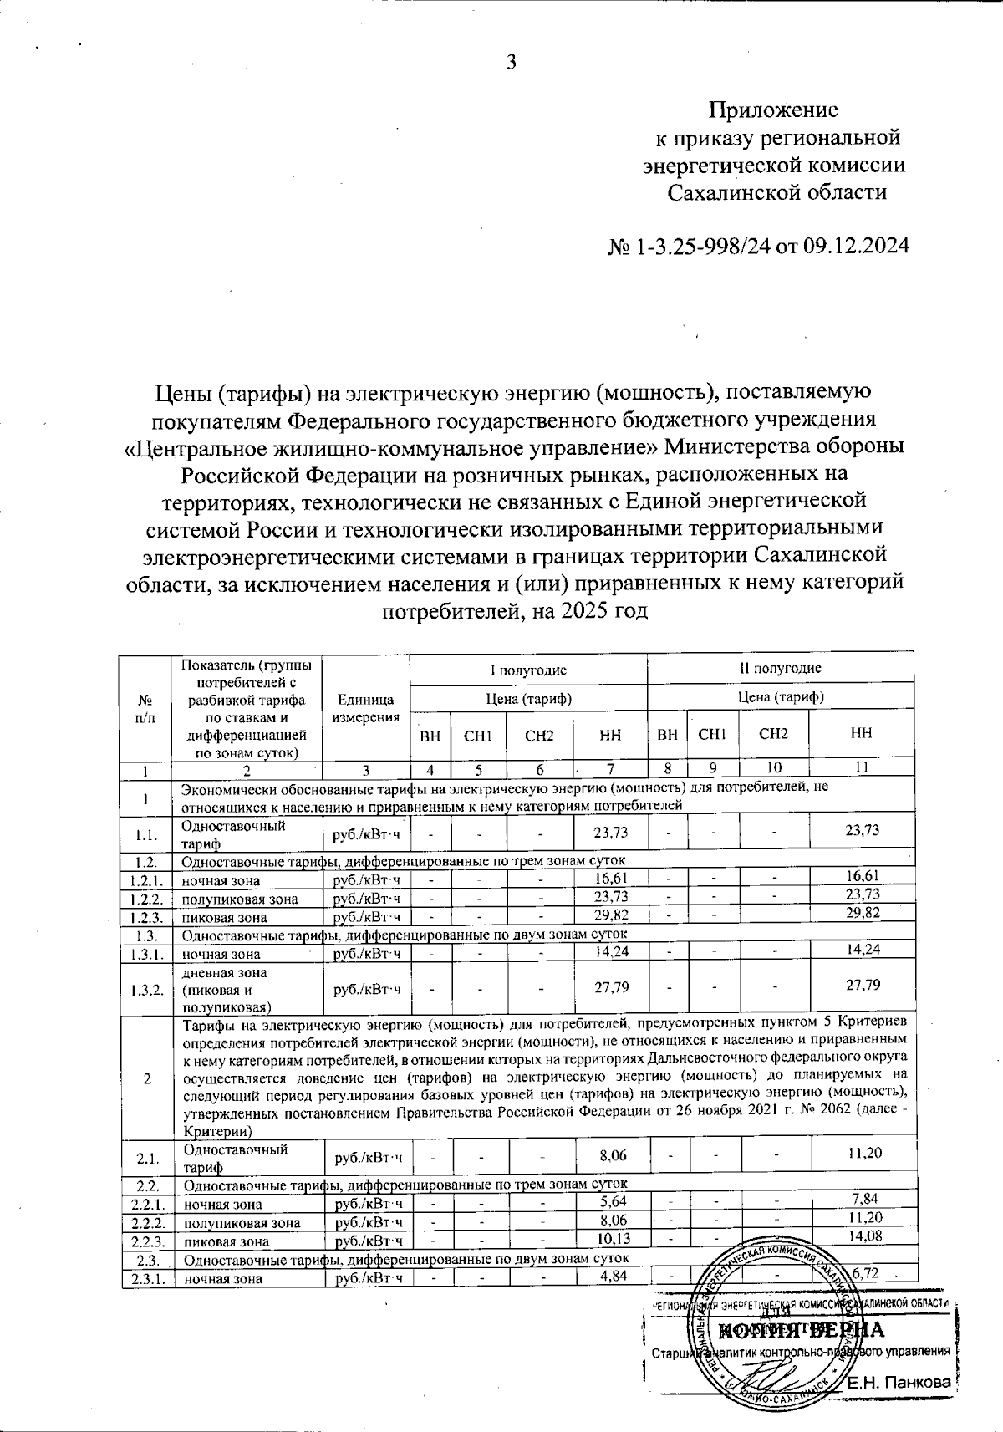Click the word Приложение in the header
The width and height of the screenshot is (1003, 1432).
pos(773,110)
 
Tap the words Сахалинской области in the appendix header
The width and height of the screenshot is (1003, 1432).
pos(776,192)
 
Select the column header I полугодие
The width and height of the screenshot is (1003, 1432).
pos(528,669)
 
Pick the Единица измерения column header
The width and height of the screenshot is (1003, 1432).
pos(365,708)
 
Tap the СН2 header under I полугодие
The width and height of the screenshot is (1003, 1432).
pos(539,736)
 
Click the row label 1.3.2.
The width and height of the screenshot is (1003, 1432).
pos(145,988)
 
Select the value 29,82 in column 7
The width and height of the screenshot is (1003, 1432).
pos(611,915)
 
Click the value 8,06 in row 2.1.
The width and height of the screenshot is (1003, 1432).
pos(614,1155)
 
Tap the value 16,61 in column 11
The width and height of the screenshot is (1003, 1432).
pos(862,875)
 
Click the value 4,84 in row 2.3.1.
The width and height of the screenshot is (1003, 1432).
pos(614,1275)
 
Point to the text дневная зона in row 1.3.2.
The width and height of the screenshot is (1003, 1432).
pos(225,973)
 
